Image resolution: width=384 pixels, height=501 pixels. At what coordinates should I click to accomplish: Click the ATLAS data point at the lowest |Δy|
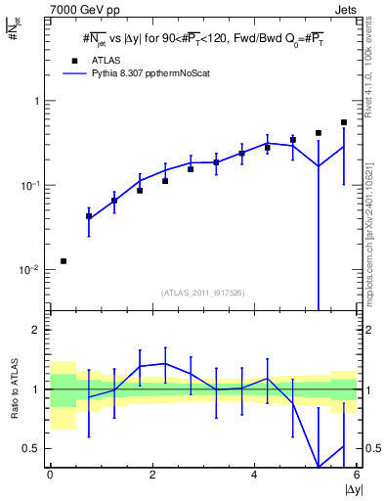pos(64,261)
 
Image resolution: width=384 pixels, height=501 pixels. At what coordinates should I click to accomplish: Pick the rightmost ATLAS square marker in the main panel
pos(344,122)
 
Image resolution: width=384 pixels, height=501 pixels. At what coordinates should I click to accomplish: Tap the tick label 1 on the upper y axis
pos(37,101)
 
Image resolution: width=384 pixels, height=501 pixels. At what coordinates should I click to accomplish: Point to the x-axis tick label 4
pos(254,476)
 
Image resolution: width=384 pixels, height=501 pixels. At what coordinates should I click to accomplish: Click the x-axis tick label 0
pos(50,476)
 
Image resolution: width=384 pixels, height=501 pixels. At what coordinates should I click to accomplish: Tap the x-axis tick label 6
pos(357,476)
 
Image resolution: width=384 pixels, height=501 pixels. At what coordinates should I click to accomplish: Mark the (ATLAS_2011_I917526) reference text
pos(203,292)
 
